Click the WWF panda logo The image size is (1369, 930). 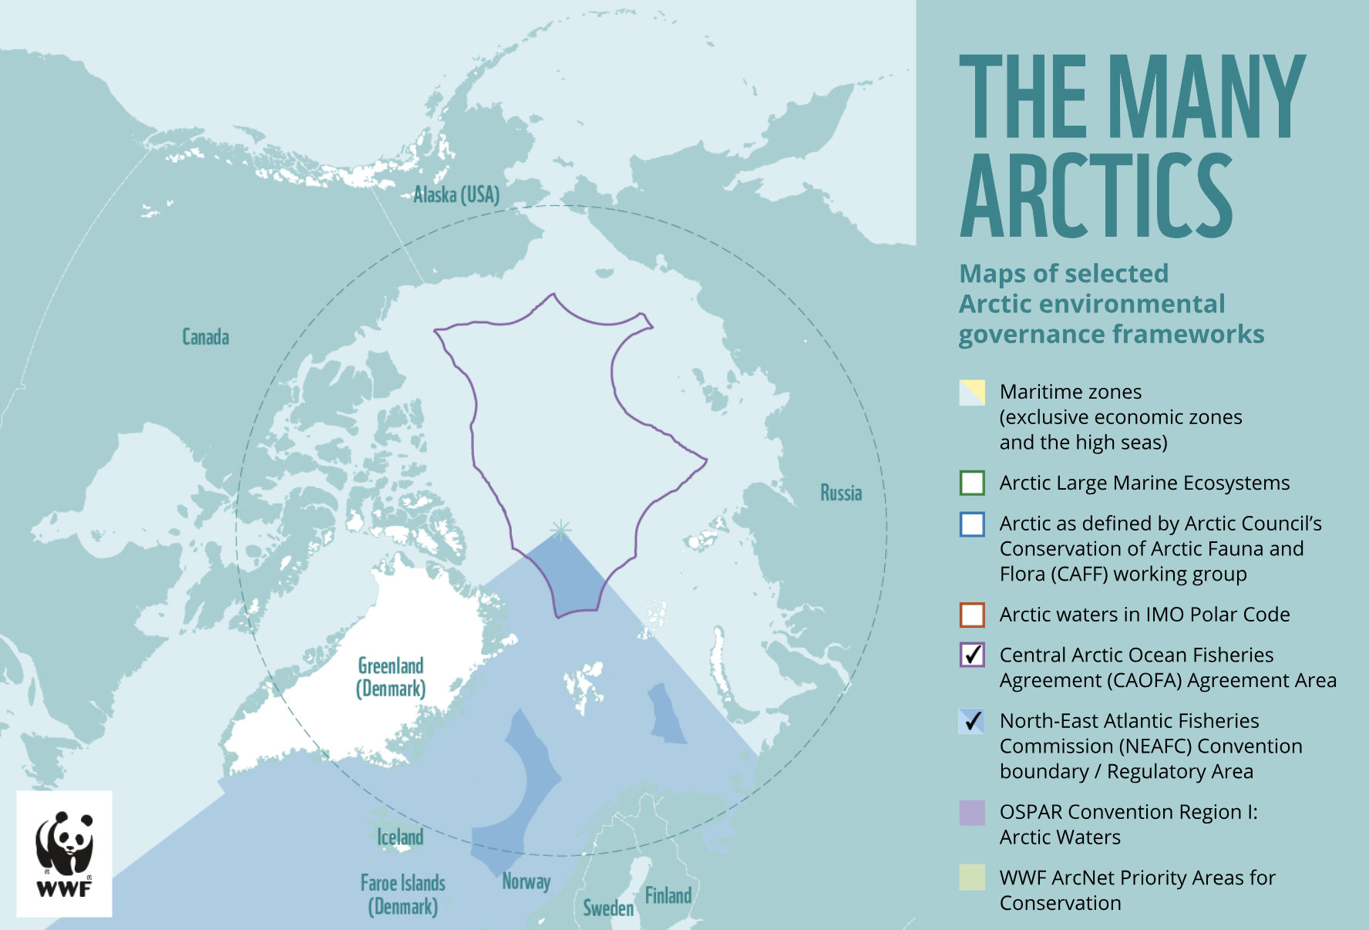pyautogui.click(x=64, y=853)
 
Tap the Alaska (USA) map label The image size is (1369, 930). pyautogui.click(x=456, y=194)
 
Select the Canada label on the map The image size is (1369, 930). pyautogui.click(x=205, y=337)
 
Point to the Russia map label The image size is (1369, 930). pyautogui.click(x=840, y=493)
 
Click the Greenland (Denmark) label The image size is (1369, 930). pyautogui.click(x=391, y=677)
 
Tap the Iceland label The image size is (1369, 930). pyautogui.click(x=400, y=837)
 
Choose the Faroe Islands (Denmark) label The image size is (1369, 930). pyautogui.click(x=402, y=895)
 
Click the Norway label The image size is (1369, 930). pyautogui.click(x=526, y=881)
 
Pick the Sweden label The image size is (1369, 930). pyautogui.click(x=608, y=908)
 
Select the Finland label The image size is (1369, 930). pyautogui.click(x=668, y=895)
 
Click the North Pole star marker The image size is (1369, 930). pyautogui.click(x=561, y=529)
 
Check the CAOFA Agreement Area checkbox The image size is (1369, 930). pyautogui.click(x=972, y=655)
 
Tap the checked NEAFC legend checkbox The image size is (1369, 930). pyautogui.click(x=972, y=721)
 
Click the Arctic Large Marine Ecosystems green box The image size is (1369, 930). pyautogui.click(x=972, y=483)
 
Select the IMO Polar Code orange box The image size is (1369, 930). pyautogui.click(x=972, y=615)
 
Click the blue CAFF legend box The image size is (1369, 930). pyautogui.click(x=972, y=524)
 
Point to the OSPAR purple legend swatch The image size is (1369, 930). pyautogui.click(x=972, y=813)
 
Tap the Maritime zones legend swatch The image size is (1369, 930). pyautogui.click(x=972, y=393)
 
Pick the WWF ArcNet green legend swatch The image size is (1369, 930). pyautogui.click(x=972, y=878)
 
